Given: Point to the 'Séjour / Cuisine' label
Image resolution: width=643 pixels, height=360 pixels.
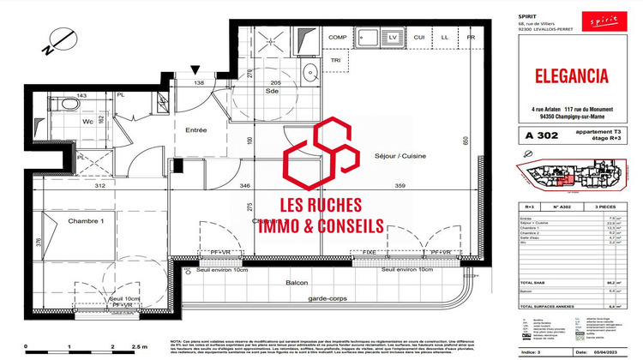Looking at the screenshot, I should [400, 156].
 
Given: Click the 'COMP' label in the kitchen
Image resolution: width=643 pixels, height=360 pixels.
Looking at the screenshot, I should [338, 38].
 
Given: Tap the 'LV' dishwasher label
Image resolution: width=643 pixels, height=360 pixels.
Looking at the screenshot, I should [393, 38].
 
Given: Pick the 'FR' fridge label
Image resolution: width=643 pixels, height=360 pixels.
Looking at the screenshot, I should [471, 38].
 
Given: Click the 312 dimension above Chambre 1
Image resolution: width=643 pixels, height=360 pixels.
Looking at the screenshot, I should [100, 186].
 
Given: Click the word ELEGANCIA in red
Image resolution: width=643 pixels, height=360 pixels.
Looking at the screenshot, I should [571, 75].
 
